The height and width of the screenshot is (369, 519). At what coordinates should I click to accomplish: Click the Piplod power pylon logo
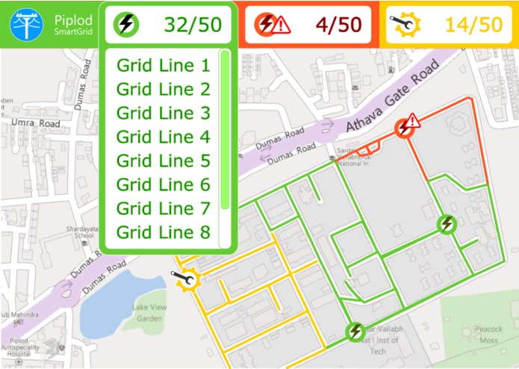(26, 24)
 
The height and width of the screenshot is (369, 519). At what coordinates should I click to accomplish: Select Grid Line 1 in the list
(164, 66)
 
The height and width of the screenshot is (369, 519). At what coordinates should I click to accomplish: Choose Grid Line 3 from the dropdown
(164, 114)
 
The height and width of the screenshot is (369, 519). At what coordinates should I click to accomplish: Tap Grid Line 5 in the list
(164, 161)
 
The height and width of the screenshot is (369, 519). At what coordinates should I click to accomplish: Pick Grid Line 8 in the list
(164, 232)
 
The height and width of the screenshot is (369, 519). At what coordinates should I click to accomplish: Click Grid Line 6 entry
(164, 185)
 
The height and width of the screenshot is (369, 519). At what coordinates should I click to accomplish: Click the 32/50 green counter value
(193, 25)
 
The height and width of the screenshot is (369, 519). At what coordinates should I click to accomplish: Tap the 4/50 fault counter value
(338, 25)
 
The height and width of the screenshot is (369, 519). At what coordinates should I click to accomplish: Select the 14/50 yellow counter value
(473, 25)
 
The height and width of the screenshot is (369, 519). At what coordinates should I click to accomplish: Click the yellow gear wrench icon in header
(404, 25)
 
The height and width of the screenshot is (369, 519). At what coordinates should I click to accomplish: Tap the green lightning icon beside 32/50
(126, 25)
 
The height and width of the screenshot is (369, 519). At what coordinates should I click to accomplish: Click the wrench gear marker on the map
(185, 279)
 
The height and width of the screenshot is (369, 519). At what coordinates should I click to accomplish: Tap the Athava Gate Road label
(392, 98)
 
